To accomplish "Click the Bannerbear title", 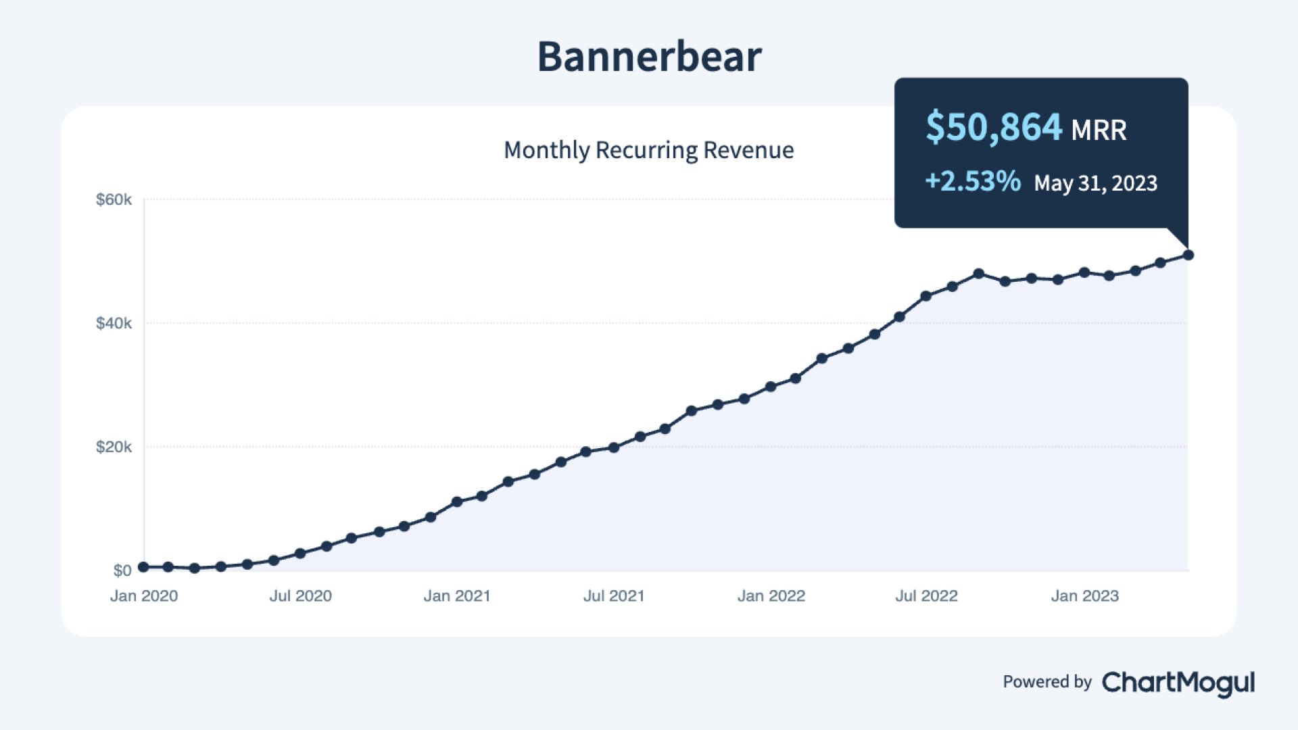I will click(x=649, y=56).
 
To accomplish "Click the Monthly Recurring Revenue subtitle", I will click(x=649, y=150).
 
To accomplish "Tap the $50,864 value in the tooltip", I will click(x=994, y=127).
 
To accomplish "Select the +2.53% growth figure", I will click(x=973, y=181).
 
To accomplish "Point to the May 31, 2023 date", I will click(x=1095, y=183).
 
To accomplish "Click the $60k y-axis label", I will click(x=114, y=199).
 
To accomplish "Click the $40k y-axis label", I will click(x=114, y=323).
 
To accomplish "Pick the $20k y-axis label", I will click(x=114, y=447).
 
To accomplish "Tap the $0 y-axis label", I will click(x=122, y=570).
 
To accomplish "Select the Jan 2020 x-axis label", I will click(x=144, y=596).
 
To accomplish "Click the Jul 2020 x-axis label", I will click(x=301, y=596).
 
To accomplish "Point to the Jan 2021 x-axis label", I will click(x=457, y=596).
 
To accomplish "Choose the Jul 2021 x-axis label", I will click(x=614, y=596).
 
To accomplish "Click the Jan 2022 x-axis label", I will click(x=771, y=596).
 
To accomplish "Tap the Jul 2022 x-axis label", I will click(x=927, y=596).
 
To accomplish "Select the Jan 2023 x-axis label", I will click(x=1085, y=596).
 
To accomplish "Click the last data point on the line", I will click(x=1188, y=255).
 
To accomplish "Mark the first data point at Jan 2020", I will click(x=143, y=567).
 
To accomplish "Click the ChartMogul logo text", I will click(x=1178, y=683).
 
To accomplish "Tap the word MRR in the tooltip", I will click(x=1099, y=130).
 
